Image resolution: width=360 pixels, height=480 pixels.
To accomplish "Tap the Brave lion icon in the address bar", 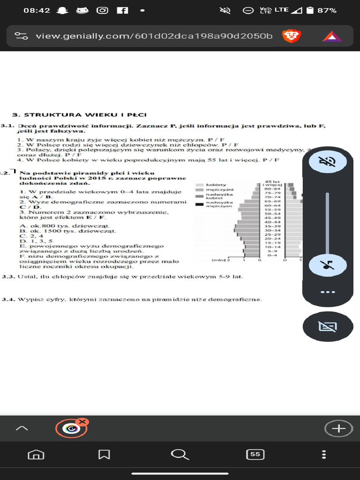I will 291,36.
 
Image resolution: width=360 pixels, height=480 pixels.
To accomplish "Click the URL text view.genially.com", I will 154,36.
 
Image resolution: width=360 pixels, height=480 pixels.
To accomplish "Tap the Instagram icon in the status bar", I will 102,10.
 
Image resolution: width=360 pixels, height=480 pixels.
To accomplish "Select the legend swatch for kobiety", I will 199,185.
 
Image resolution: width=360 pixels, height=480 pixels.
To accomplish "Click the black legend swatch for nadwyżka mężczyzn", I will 199,204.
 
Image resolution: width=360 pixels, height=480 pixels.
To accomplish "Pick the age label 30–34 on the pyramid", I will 272,231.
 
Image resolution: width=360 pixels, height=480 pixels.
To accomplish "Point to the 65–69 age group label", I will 272,201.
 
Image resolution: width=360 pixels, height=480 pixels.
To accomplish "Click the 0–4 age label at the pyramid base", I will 272,255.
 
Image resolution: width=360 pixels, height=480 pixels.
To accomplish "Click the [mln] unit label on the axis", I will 219,260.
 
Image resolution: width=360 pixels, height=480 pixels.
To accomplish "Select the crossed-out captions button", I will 328,326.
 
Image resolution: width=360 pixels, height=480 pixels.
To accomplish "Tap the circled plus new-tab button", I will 338,428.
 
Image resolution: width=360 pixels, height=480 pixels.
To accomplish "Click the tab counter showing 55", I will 255,454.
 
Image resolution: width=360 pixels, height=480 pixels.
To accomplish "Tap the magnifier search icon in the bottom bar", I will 179,454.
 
